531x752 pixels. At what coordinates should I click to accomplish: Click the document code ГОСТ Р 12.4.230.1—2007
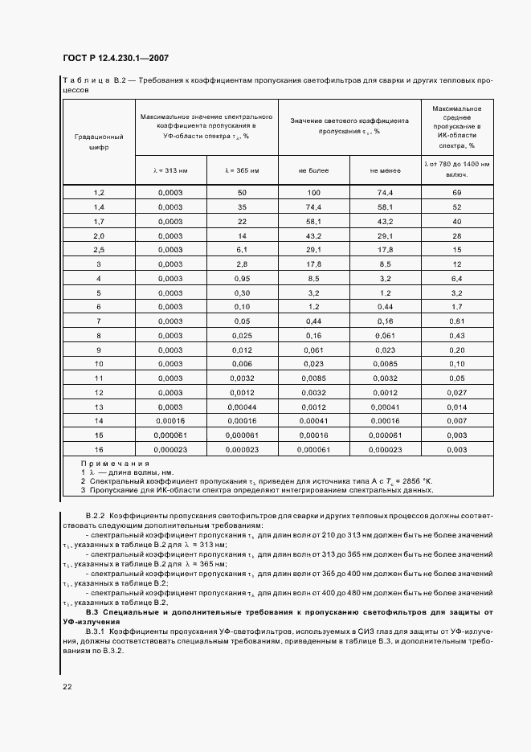click(114, 59)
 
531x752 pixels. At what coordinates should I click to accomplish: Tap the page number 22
click(67, 687)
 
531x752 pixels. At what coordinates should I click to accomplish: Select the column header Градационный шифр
click(99, 142)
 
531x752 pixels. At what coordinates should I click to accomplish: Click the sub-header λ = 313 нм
click(170, 170)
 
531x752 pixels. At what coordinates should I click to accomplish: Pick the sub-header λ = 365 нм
click(242, 170)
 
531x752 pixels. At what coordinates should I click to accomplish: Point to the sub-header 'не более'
click(313, 170)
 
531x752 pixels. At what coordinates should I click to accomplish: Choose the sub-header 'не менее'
click(385, 170)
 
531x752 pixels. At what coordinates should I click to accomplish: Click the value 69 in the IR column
click(456, 193)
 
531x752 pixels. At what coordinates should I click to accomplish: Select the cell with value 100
click(313, 193)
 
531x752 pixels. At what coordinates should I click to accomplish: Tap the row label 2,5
click(99, 250)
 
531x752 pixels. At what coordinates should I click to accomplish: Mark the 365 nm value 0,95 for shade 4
click(242, 278)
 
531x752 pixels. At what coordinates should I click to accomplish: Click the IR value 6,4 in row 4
click(456, 278)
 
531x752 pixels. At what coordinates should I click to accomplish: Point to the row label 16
click(99, 450)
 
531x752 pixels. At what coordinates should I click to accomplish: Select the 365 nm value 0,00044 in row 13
click(242, 407)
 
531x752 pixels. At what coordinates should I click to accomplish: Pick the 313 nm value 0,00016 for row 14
click(170, 421)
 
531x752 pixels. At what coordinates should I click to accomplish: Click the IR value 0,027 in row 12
click(456, 393)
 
